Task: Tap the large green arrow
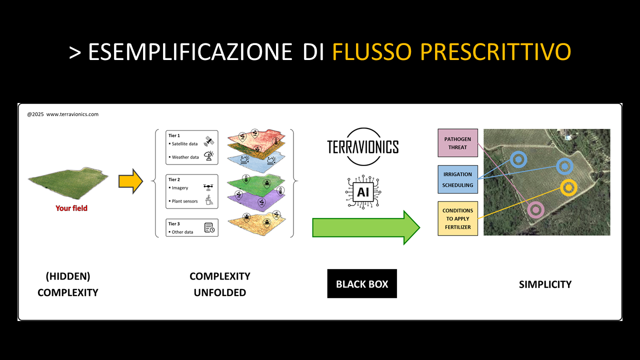coord(365,227)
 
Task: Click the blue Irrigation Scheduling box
coord(457,179)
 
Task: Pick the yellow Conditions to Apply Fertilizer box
coord(457,218)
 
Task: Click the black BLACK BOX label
coord(362,284)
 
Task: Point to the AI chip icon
coord(362,191)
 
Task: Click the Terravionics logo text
coord(362,147)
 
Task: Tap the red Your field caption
coord(71,208)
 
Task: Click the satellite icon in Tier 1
coord(209,141)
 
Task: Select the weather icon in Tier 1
coord(209,156)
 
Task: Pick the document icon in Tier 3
coord(209,228)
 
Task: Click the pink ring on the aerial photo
coord(535,210)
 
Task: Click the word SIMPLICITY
coord(545,284)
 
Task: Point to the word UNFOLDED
coord(220,292)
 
